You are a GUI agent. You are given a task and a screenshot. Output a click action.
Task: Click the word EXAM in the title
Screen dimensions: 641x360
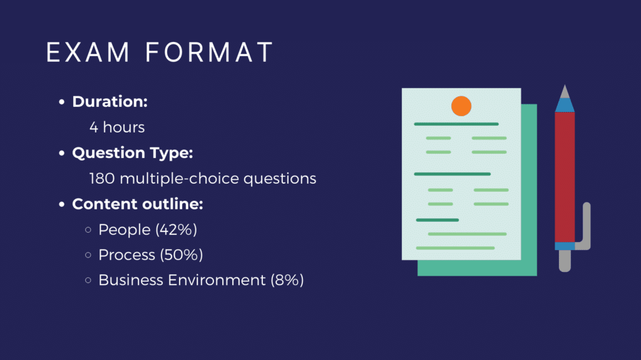click(x=88, y=52)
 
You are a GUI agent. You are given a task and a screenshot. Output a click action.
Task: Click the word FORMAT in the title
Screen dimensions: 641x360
click(x=209, y=52)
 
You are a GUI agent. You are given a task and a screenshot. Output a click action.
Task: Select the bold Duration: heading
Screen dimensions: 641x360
click(x=110, y=102)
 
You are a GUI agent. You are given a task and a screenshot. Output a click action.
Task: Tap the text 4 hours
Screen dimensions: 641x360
click(x=117, y=127)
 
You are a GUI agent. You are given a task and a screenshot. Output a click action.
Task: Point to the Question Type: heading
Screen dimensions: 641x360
click(x=133, y=153)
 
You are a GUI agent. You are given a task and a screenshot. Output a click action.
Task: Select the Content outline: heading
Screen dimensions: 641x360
click(x=137, y=204)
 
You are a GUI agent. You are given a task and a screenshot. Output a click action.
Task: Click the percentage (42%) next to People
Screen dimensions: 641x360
click(x=176, y=230)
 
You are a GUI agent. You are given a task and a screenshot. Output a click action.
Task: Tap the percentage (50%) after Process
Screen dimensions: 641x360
click(x=181, y=255)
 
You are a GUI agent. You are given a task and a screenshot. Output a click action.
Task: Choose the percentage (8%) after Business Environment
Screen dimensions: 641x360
click(x=287, y=281)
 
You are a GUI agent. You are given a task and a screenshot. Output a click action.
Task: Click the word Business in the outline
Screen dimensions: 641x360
click(x=131, y=281)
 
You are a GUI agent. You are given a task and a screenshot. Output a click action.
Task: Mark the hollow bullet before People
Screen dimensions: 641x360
click(x=88, y=230)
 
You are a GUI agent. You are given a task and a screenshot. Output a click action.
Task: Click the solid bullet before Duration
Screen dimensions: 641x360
click(x=62, y=102)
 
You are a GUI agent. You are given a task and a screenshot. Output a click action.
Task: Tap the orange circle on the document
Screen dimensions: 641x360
click(x=461, y=106)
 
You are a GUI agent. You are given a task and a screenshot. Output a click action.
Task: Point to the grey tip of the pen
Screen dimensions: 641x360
click(x=565, y=92)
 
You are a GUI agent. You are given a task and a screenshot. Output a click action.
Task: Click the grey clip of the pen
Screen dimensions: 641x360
click(x=585, y=227)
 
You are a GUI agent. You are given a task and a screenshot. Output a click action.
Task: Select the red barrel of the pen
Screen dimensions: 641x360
click(x=565, y=177)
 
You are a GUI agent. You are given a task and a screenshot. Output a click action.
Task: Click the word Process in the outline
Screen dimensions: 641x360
click(x=126, y=255)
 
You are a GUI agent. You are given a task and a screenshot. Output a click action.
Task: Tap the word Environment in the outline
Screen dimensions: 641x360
click(x=217, y=281)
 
